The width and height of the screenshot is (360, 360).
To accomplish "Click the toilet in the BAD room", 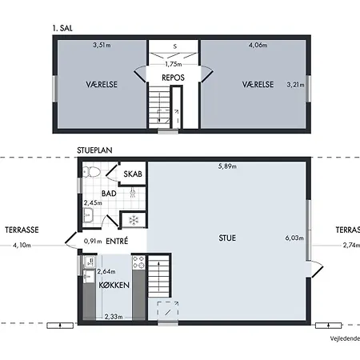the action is (91, 172).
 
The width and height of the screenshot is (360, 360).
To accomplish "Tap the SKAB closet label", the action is (133, 174).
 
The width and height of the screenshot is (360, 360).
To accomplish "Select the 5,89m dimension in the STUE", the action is (227, 166).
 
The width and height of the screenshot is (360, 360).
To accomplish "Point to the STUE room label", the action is (227, 238).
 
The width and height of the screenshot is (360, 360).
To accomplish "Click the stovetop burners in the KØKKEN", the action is (138, 262).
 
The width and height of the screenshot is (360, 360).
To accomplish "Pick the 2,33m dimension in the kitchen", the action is (114, 317).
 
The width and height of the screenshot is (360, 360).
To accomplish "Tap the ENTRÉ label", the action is (117, 241).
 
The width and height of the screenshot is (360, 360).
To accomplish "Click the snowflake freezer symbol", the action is (134, 220).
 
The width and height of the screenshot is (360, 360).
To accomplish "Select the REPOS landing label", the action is (173, 78).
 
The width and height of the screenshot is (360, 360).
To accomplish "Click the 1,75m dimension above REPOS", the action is (174, 64).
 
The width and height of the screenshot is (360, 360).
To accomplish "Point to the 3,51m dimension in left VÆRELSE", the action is (102, 45).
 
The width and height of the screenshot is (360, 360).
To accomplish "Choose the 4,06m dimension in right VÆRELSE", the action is (258, 45).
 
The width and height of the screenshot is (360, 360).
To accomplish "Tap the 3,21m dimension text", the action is (295, 85).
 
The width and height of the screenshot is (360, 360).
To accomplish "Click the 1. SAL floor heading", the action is (62, 28).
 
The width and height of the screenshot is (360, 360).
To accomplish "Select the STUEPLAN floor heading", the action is (94, 150).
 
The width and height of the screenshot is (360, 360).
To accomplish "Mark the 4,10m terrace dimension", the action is (22, 245).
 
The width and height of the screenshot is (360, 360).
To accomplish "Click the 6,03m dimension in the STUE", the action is (294, 238).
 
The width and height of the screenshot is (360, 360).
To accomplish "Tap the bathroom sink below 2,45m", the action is (88, 215).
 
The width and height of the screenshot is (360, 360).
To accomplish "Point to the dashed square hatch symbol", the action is (168, 312).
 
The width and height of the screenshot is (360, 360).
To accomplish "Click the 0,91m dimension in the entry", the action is (93, 241).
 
